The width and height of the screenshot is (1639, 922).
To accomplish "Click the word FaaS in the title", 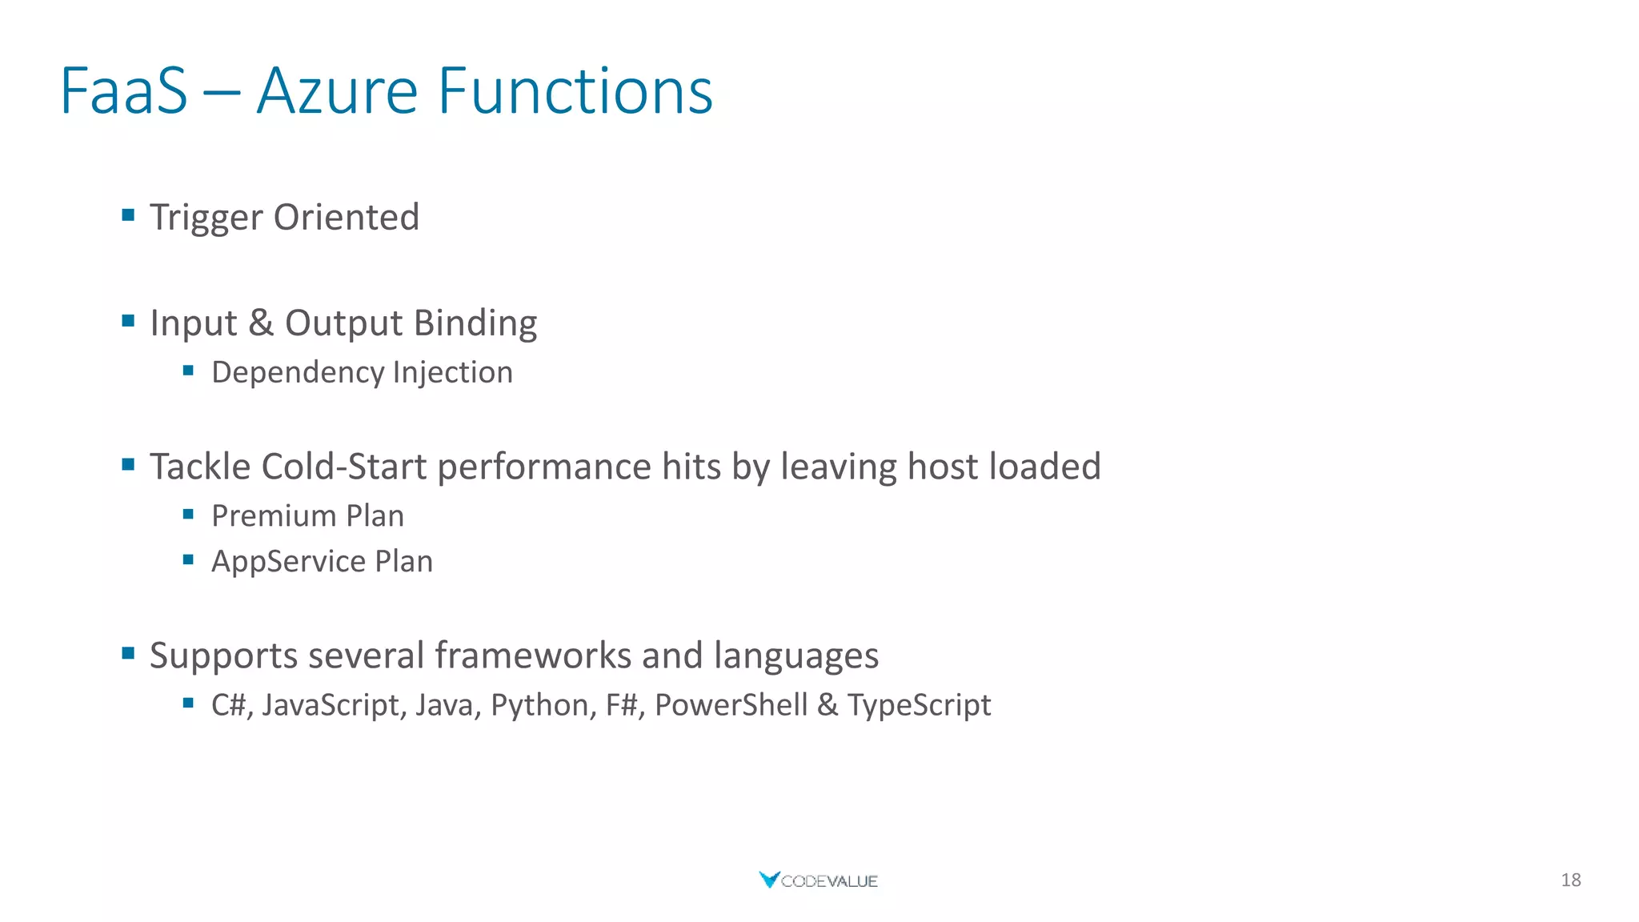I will tap(124, 91).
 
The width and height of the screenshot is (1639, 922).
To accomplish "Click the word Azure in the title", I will tap(337, 91).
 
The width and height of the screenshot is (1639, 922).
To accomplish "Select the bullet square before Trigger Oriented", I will tap(128, 214).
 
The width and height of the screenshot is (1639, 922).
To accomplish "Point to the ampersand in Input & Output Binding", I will tap(260, 323).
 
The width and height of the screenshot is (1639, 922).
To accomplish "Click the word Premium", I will tap(273, 516).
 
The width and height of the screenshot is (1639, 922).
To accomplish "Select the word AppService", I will tap(288, 562).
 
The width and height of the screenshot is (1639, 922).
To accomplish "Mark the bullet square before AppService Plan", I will tap(188, 559).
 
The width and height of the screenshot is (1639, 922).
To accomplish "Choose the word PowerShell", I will tap(731, 705).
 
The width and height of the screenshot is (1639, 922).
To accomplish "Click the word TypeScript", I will tap(919, 705).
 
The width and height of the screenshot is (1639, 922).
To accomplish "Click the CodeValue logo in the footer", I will tap(818, 880).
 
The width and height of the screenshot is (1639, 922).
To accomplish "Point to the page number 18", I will tap(1570, 880).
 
